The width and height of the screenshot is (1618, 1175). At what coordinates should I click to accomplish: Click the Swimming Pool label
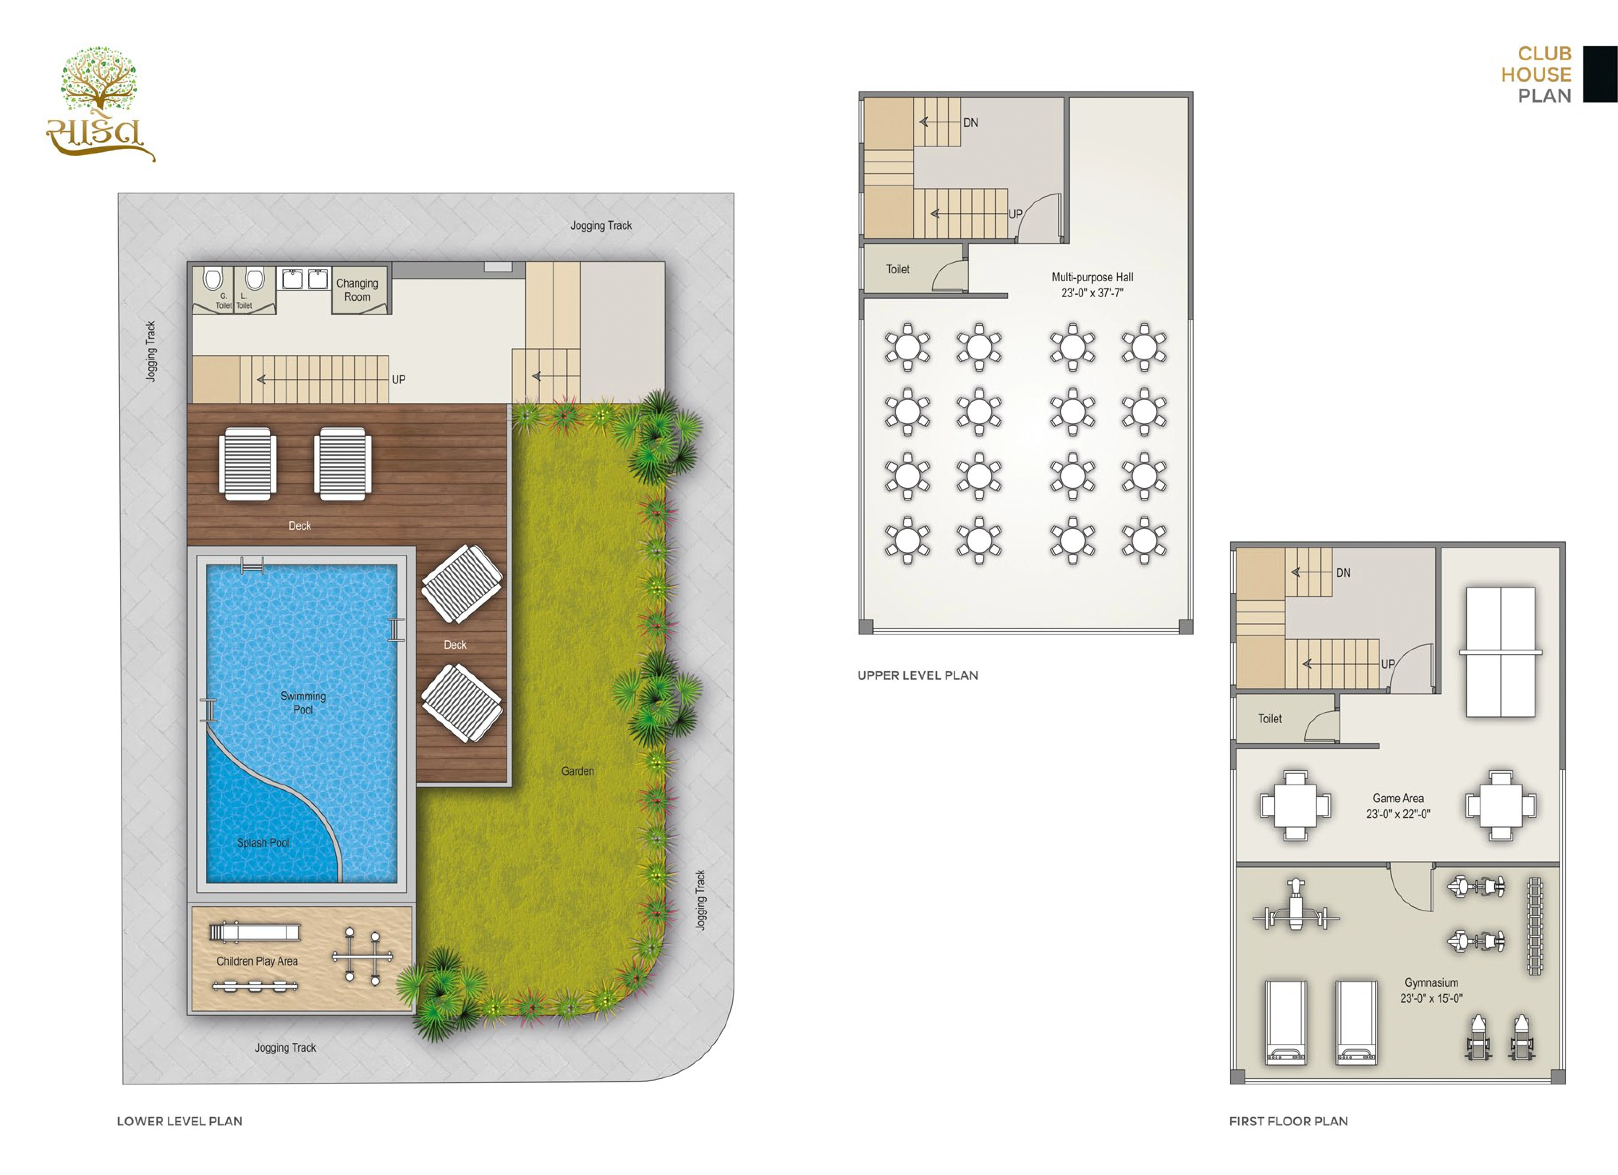(303, 703)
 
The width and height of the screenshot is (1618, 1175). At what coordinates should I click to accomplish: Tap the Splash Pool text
(263, 842)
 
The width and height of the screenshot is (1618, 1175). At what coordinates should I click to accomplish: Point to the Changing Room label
(357, 290)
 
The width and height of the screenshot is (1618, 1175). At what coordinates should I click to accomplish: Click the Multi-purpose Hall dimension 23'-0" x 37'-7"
(1092, 293)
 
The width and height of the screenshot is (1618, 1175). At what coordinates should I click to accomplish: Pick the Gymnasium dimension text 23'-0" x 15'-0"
(1431, 998)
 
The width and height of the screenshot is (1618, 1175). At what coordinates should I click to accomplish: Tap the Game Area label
(1398, 798)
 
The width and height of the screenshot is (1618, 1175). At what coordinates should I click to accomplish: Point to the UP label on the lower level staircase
(399, 380)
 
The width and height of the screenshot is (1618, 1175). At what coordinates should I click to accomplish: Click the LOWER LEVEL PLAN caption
(180, 1121)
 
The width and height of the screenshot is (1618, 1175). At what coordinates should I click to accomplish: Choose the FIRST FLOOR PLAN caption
(1288, 1121)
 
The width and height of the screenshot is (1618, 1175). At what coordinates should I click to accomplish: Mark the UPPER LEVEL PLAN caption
(918, 675)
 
